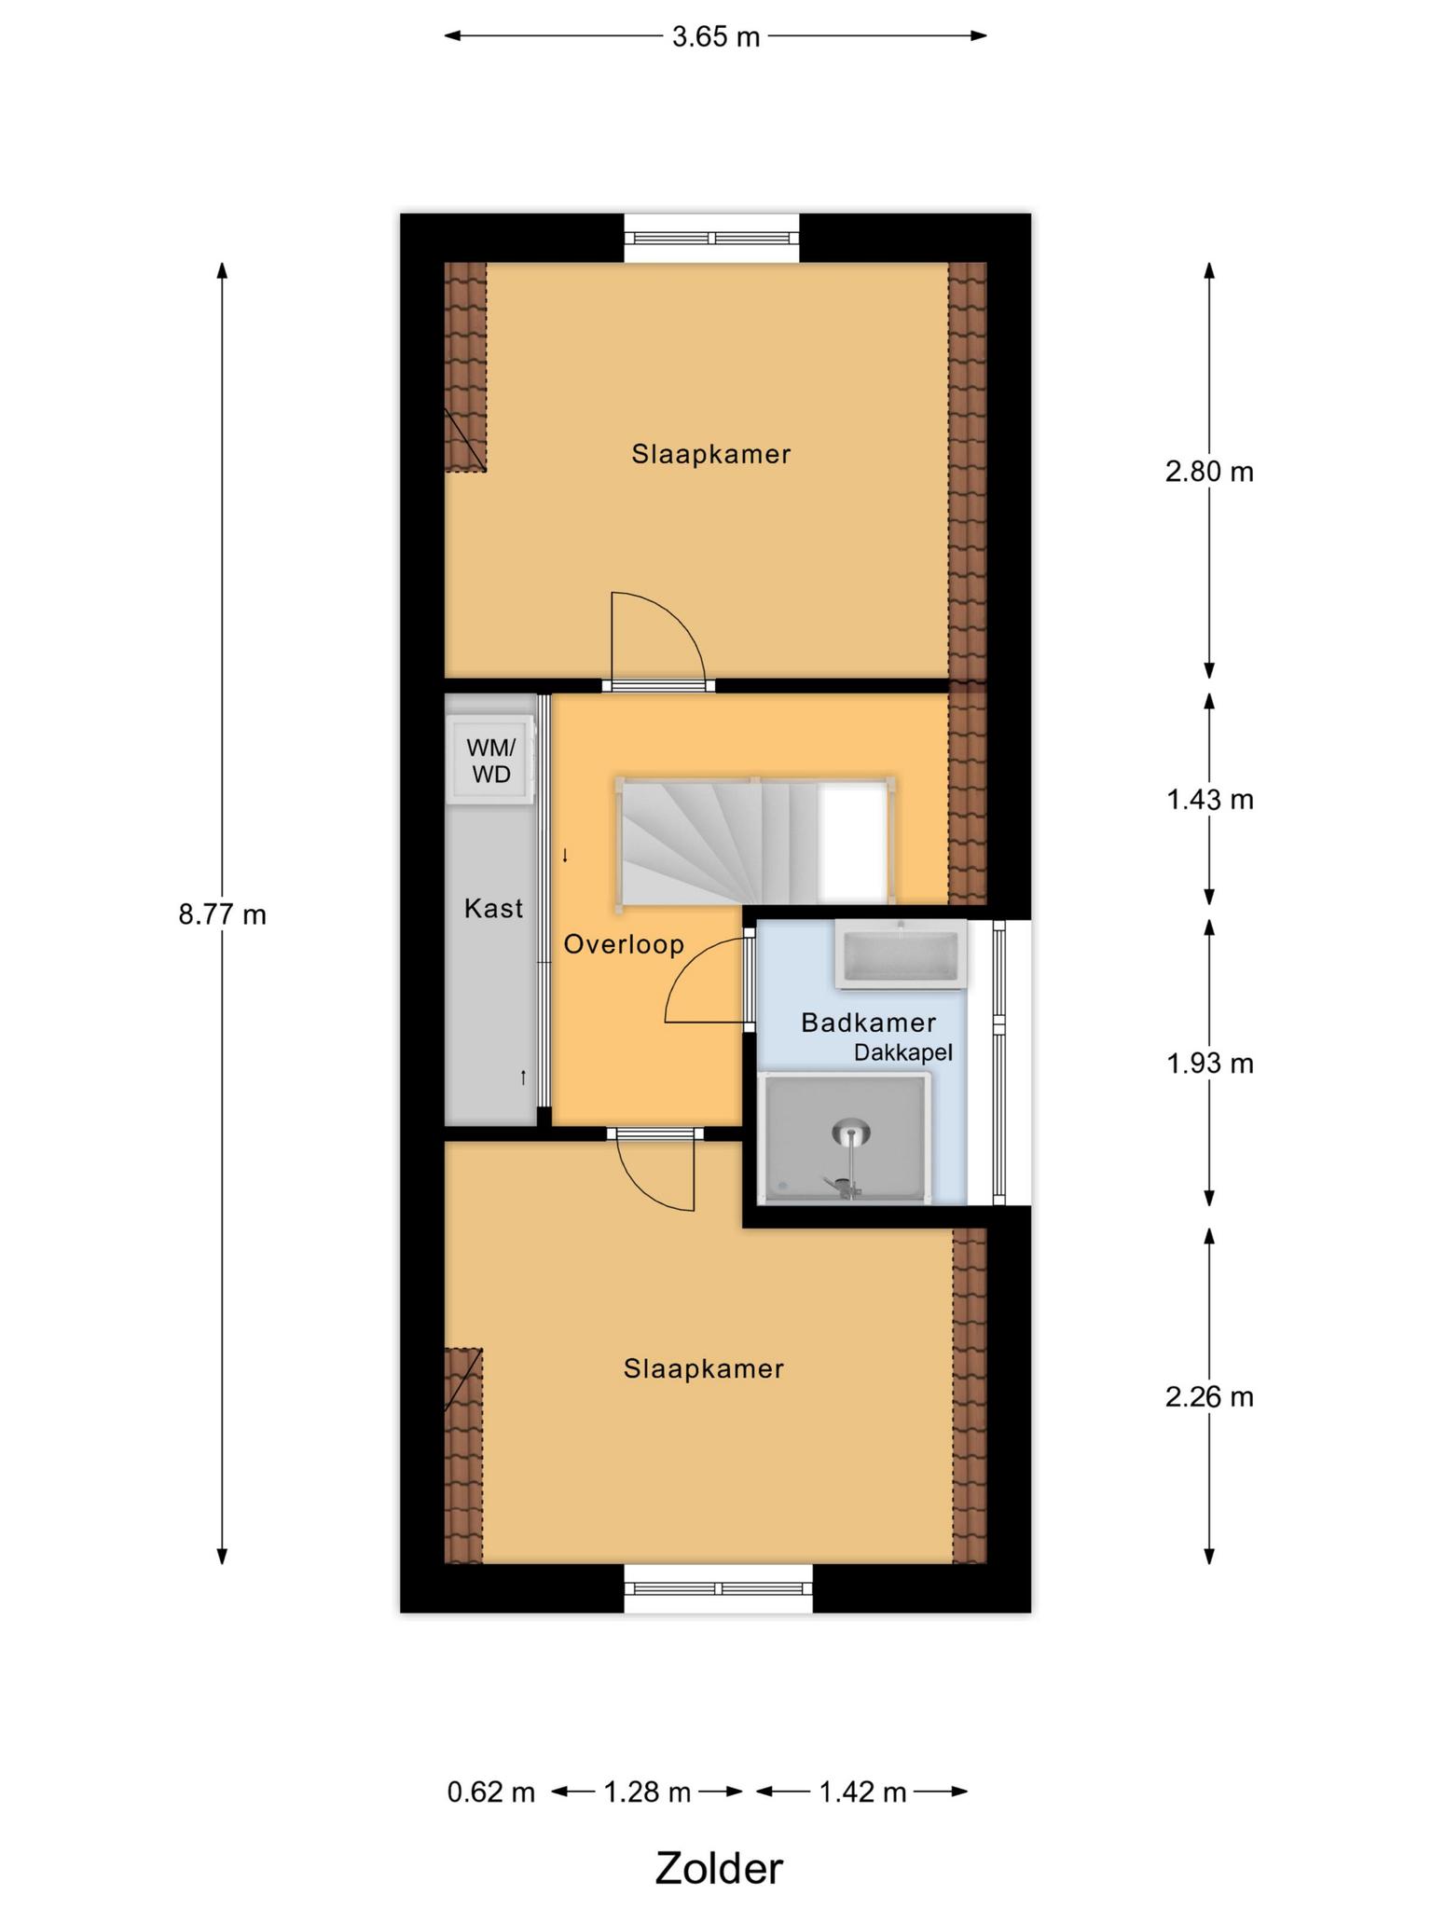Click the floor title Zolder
pos(719,1861)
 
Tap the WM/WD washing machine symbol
pos(490,760)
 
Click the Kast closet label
pos(493,908)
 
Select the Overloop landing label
pos(624,944)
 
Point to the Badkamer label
pos(868,1023)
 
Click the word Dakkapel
pos(903,1053)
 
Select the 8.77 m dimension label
pos(222,914)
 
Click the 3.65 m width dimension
pos(716,37)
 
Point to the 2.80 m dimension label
pos(1209,472)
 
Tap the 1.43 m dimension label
pos(1210,799)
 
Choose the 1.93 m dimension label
pos(1210,1063)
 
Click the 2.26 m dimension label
pos(1209,1397)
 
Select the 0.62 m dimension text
pos(491,1792)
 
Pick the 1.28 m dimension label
pos(647,1792)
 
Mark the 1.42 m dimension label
pos(862,1792)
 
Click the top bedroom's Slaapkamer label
pos(711,454)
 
